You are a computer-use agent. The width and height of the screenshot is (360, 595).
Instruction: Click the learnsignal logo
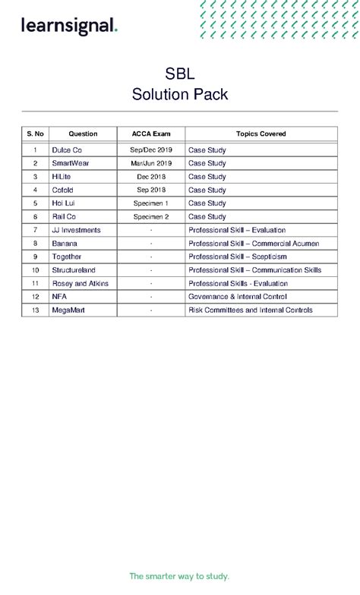point(69,27)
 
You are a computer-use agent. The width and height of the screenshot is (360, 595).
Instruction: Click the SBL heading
point(179,74)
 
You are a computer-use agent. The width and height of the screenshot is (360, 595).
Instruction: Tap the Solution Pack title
point(179,95)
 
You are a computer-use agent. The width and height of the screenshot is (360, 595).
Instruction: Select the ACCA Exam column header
point(151,134)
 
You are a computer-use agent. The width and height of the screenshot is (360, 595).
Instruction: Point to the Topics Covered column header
point(261,134)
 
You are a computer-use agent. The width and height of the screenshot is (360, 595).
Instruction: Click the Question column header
point(83,134)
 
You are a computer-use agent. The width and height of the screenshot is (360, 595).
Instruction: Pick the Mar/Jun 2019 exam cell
point(151,163)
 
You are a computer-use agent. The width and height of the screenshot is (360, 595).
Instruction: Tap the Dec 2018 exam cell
point(151,177)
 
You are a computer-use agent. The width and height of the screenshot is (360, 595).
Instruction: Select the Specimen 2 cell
point(151,216)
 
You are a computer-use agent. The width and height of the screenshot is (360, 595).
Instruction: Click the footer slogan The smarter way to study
point(179,576)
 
